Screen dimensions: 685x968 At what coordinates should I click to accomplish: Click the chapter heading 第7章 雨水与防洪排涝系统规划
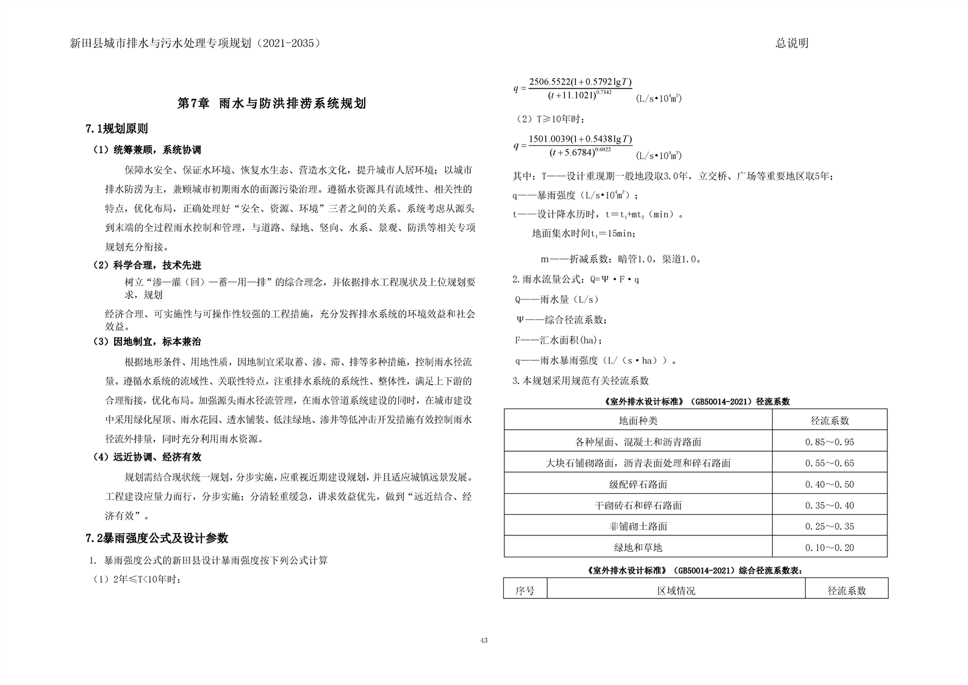[271, 104]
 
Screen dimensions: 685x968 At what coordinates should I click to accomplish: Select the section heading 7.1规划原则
[117, 129]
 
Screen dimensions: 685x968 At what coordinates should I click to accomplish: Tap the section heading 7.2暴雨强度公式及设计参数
[157, 538]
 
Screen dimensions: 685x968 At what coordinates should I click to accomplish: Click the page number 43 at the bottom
[484, 640]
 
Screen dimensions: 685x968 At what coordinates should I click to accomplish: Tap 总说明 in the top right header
[792, 43]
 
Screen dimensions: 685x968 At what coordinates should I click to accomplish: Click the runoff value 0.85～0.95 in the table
[830, 443]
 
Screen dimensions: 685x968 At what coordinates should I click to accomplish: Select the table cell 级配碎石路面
[638, 485]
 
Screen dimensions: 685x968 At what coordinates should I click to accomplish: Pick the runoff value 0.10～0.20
[830, 548]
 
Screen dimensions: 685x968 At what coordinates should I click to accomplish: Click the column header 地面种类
[638, 421]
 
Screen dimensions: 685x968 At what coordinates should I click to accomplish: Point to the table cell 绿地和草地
[638, 548]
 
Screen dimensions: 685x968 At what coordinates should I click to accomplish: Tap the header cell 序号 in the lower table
[525, 591]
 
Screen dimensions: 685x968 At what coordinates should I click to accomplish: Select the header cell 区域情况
[676, 591]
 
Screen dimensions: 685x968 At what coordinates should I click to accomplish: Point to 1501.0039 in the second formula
[550, 139]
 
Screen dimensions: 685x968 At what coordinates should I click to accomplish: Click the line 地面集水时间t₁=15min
[584, 233]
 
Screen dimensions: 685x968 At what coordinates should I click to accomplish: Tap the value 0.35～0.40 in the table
[830, 506]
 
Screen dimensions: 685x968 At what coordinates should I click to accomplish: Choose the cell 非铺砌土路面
[638, 527]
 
